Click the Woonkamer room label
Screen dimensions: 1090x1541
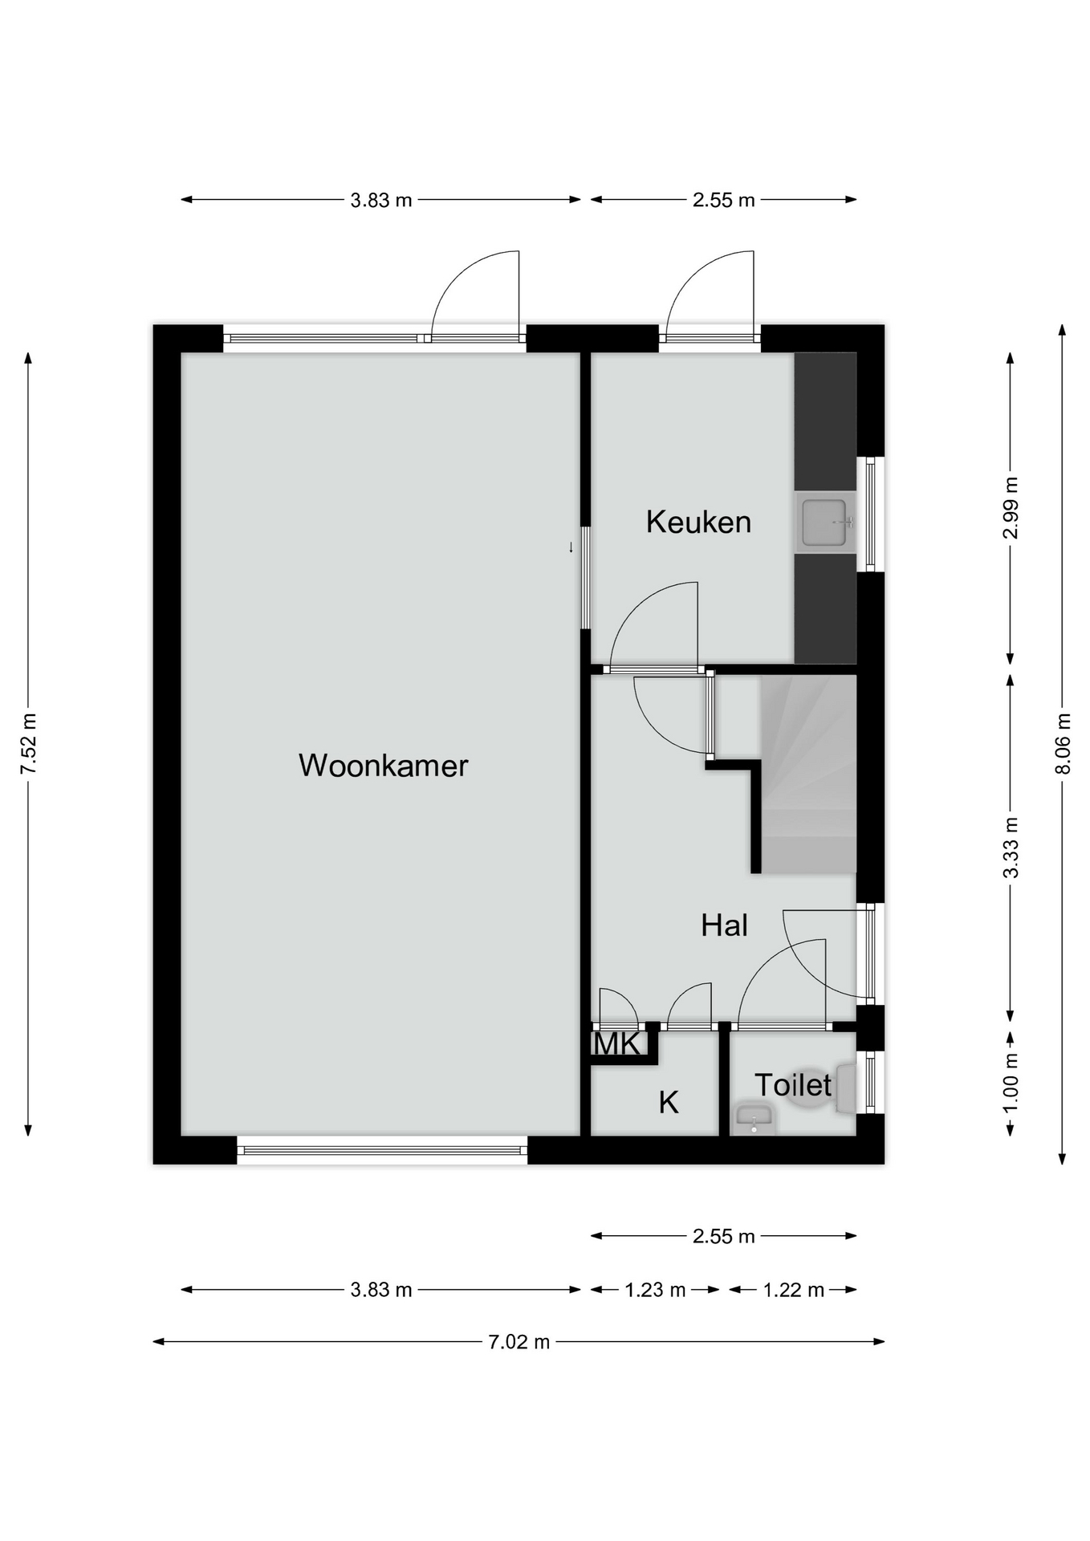pyautogui.click(x=383, y=766)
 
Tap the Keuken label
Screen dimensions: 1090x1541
pyautogui.click(x=698, y=522)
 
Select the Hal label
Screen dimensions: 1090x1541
pyautogui.click(x=724, y=925)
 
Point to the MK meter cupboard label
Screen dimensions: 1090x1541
pyautogui.click(x=617, y=1044)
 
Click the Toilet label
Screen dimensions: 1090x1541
pyautogui.click(x=793, y=1085)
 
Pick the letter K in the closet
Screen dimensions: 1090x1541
pyautogui.click(x=669, y=1103)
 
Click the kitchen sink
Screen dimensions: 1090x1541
pyautogui.click(x=824, y=522)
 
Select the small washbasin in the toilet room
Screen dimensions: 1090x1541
pyautogui.click(x=754, y=1119)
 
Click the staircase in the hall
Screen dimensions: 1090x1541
pyautogui.click(x=808, y=774)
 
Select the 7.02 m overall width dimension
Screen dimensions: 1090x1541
pyautogui.click(x=519, y=1341)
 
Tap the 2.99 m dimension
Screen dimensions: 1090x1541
pyautogui.click(x=1011, y=509)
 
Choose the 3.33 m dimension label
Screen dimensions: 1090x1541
pyautogui.click(x=1011, y=848)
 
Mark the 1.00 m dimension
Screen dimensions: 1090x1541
pyautogui.click(x=1011, y=1083)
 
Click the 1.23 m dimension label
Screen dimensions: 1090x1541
pyautogui.click(x=655, y=1290)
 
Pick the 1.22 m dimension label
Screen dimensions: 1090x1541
pyautogui.click(x=794, y=1290)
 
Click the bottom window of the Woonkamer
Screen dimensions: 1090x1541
pyautogui.click(x=382, y=1150)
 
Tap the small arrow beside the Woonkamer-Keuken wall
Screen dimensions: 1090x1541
pyautogui.click(x=571, y=547)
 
